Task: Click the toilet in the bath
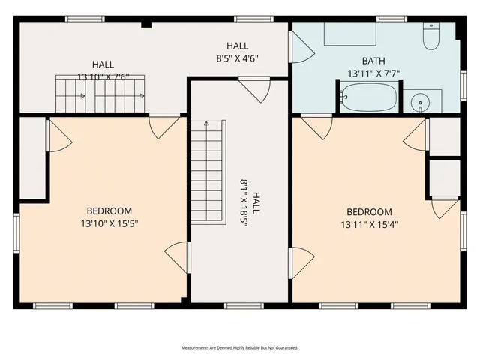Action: click(430, 37)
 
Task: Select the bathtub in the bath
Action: click(368, 97)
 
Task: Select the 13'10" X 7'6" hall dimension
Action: click(103, 76)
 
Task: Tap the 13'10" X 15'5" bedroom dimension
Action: click(109, 223)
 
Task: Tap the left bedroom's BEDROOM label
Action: click(109, 211)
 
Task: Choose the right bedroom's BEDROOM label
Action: click(368, 212)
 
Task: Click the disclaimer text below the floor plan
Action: click(239, 348)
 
